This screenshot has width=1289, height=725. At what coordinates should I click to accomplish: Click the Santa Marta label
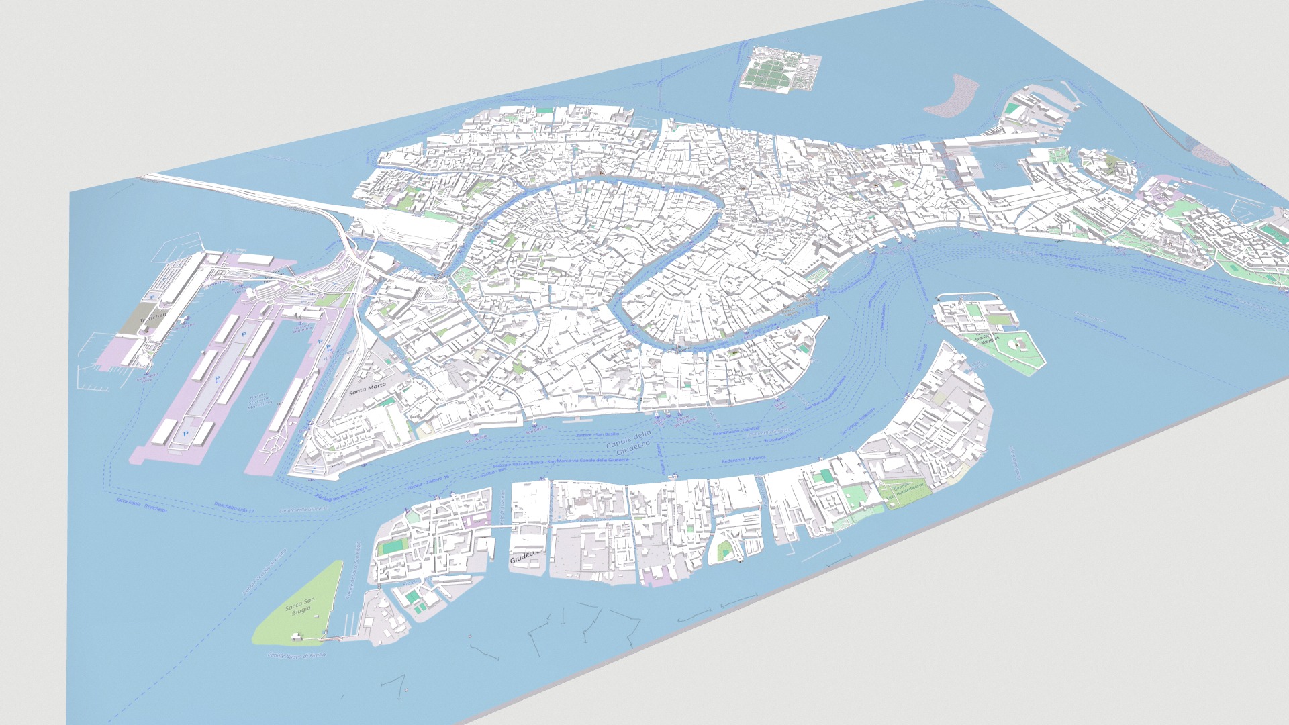[x=368, y=388]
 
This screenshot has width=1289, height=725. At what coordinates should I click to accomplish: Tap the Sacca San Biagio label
[x=299, y=606]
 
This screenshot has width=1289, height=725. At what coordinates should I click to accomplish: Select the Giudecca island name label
[x=524, y=557]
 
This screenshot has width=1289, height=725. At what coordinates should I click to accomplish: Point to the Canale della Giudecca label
[x=628, y=444]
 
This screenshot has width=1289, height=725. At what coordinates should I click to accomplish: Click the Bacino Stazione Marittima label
[x=259, y=401]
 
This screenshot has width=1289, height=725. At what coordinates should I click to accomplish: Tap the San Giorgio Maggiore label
[x=987, y=338]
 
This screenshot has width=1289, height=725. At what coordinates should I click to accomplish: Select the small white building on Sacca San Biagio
[x=295, y=634]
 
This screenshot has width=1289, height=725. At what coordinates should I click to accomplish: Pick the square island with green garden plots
[x=781, y=68]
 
